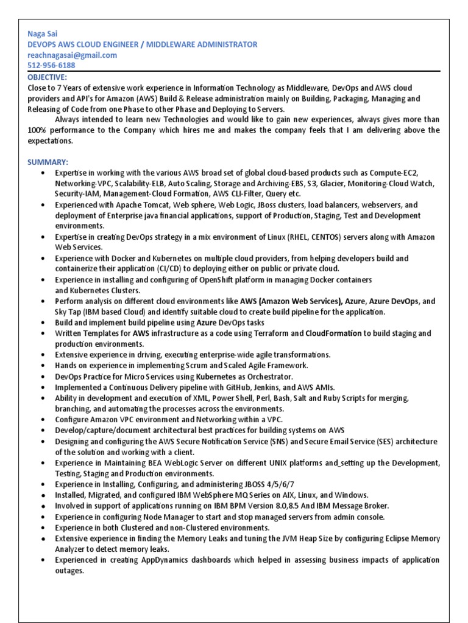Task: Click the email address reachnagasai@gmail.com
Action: click(x=72, y=55)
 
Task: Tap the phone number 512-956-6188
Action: click(x=51, y=65)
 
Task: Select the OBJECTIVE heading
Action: click(x=48, y=77)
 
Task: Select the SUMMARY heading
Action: click(x=48, y=162)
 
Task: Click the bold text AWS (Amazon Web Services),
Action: click(x=291, y=301)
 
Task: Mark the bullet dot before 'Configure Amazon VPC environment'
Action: click(x=43, y=419)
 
